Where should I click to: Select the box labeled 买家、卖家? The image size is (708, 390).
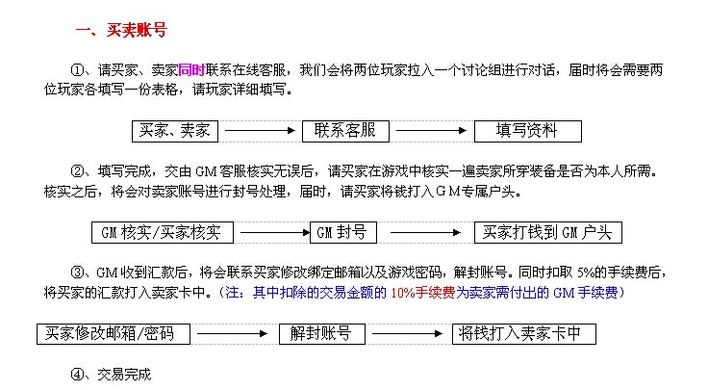pyautogui.click(x=177, y=130)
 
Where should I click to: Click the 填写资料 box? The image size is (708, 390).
pyautogui.click(x=528, y=130)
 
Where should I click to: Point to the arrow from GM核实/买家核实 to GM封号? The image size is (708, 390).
pyautogui.click(x=273, y=232)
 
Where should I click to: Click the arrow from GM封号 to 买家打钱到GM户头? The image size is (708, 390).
pyautogui.click(x=419, y=232)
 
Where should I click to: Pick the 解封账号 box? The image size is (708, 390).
pyautogui.click(x=320, y=334)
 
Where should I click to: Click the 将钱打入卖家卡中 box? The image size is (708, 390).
pyautogui.click(x=524, y=334)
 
